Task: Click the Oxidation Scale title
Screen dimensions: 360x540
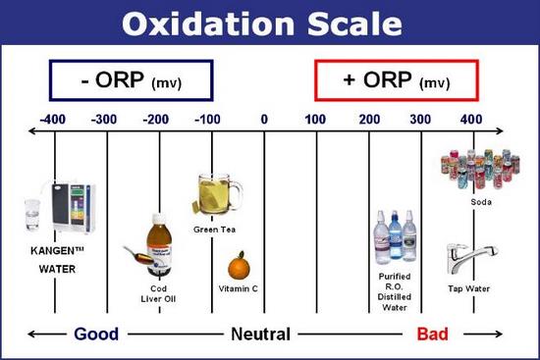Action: [269, 22]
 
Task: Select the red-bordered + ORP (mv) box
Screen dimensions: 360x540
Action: [396, 79]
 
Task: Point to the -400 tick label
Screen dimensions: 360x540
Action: [55, 120]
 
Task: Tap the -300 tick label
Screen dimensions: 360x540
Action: [106, 120]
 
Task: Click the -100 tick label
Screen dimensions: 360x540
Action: [210, 120]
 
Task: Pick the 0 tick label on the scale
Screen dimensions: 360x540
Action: [264, 120]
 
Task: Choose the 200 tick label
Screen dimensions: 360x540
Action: [369, 120]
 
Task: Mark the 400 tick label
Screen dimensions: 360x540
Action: [472, 120]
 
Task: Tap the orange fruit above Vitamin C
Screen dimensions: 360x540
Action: [238, 266]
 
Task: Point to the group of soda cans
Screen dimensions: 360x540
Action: [480, 170]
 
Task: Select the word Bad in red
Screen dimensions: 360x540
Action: [433, 334]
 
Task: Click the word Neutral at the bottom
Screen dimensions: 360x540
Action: [260, 334]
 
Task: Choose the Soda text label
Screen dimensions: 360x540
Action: [480, 203]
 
